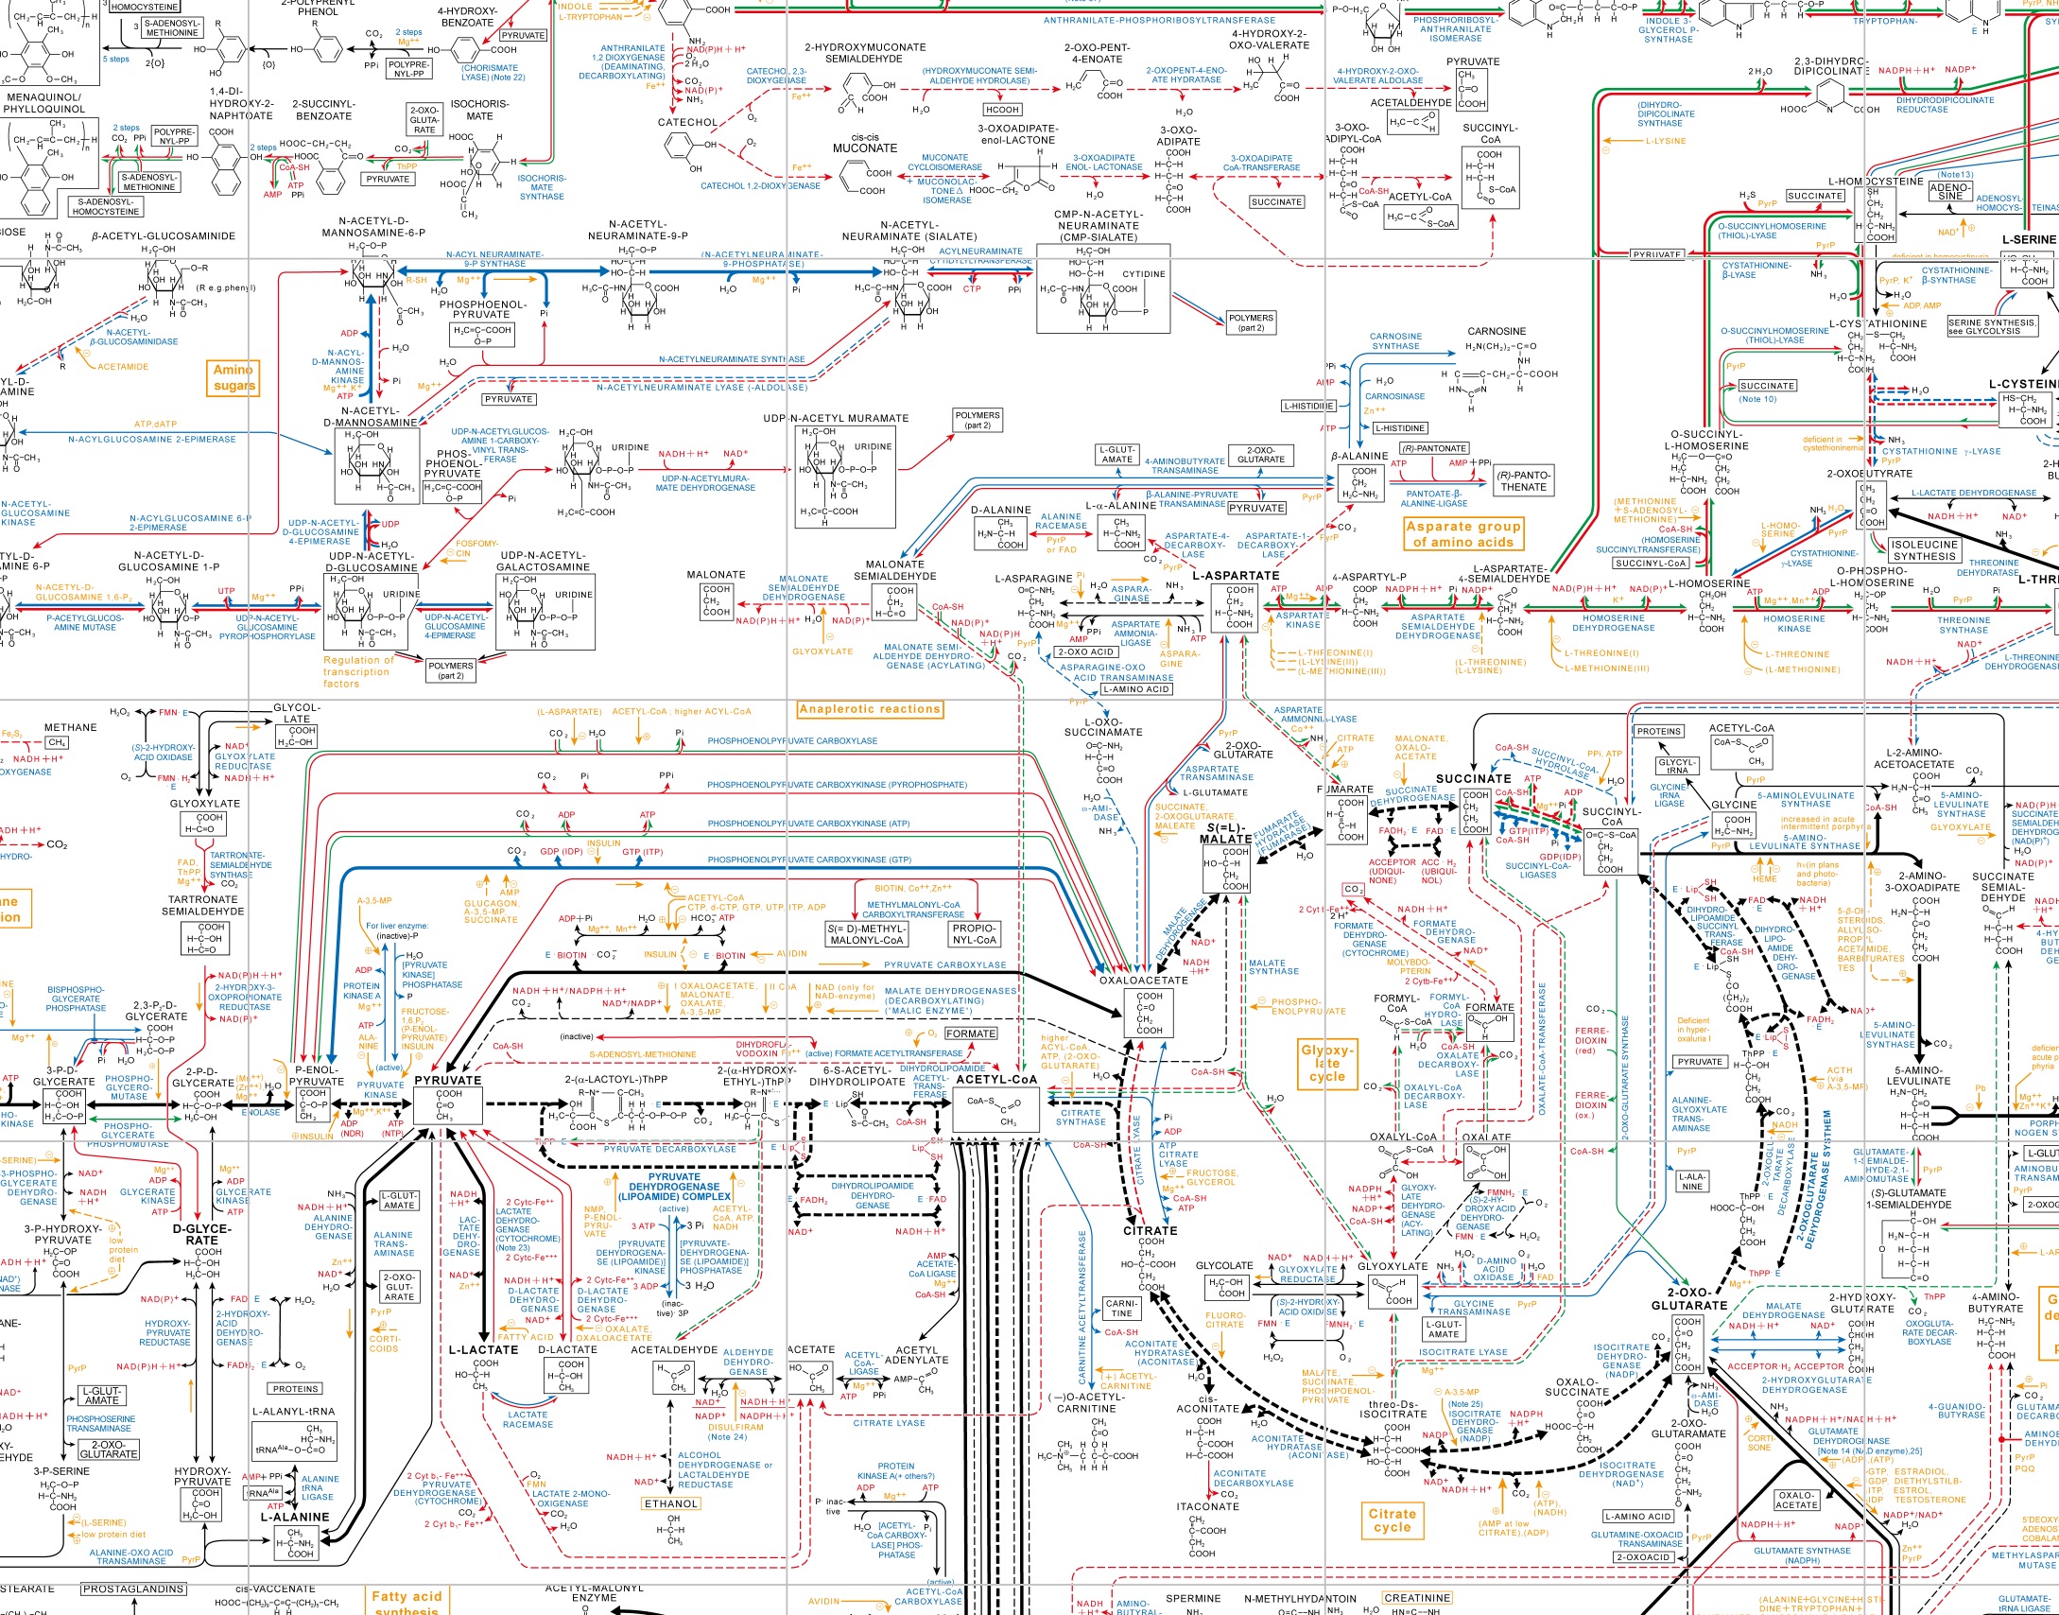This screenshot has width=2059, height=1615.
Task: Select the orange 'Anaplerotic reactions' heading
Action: [x=870, y=709]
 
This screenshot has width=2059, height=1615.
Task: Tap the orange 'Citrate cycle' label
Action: [x=1393, y=1519]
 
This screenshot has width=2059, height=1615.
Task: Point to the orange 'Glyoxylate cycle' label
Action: [x=1327, y=1063]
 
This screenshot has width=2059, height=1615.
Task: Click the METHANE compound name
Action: [x=71, y=727]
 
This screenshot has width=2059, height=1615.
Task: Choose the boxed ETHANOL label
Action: [x=670, y=1503]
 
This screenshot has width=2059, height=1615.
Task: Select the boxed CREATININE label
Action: [x=1416, y=1598]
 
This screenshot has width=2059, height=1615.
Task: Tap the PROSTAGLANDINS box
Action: [x=133, y=1589]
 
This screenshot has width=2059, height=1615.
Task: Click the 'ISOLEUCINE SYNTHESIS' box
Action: [x=1924, y=550]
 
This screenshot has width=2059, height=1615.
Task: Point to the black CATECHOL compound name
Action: [x=687, y=122]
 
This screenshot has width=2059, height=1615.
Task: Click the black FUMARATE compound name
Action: [x=1345, y=789]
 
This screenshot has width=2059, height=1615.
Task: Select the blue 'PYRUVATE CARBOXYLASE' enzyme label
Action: [x=945, y=965]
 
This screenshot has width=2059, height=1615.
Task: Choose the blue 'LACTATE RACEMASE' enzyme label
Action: [x=528, y=1419]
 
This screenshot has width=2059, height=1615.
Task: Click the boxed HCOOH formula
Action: [x=1002, y=110]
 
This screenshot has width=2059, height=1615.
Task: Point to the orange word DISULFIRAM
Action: [x=735, y=1427]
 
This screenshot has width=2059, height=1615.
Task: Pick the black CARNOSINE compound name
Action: [x=1497, y=332]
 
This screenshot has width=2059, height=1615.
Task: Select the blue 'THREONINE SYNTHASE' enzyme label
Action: [x=1964, y=625]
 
